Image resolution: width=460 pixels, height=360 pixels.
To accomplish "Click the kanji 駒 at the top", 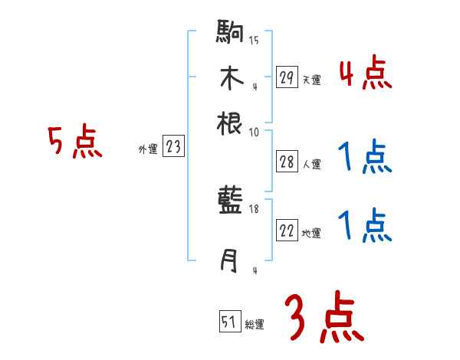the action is tap(231, 34).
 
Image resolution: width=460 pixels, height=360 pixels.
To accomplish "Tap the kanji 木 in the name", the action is tap(230, 79).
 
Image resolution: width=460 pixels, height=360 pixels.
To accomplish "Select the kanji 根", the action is tap(230, 123).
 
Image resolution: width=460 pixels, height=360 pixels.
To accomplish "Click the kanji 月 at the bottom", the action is tap(229, 261).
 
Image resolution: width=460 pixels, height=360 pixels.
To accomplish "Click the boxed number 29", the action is tap(287, 77).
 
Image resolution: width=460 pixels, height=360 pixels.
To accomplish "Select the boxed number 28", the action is tap(287, 162).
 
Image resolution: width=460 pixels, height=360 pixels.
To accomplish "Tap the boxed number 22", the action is tap(287, 231).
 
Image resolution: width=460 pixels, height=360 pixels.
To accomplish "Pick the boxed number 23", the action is tap(173, 147).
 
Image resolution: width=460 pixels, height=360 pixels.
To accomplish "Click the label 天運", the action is tap(311, 80).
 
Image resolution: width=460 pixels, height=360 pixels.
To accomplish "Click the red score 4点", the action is tap(365, 73).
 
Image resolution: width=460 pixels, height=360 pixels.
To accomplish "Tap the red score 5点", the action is tap(76, 142).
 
